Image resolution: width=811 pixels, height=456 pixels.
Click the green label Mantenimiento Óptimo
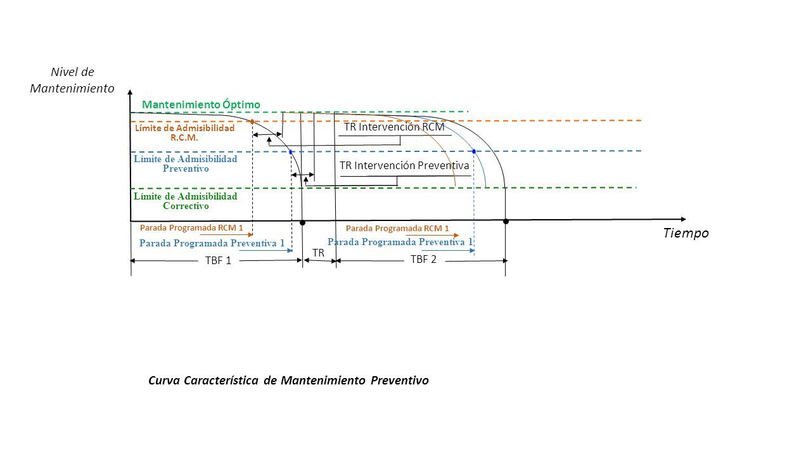point(201,104)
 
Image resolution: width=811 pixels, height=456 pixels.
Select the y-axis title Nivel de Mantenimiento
point(72,80)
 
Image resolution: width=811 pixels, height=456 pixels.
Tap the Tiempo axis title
point(686,232)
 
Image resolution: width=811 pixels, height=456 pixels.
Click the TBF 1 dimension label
point(218,260)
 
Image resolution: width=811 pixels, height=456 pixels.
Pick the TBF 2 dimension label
point(423,260)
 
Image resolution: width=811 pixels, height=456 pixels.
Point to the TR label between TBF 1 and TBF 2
point(318,253)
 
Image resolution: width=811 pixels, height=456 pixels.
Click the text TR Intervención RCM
point(394,127)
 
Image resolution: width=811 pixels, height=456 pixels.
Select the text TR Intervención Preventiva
point(404,165)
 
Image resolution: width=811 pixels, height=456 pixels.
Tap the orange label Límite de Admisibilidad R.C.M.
point(184,133)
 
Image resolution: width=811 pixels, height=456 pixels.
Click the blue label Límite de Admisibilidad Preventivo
point(186,163)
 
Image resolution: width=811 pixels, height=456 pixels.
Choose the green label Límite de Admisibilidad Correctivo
point(186,201)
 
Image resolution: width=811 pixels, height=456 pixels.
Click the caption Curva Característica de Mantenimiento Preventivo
point(288,381)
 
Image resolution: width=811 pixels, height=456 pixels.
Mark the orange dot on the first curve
point(252,122)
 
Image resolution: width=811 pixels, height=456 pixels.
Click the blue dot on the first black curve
point(291,153)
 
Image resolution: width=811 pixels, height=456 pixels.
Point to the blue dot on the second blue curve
point(474,151)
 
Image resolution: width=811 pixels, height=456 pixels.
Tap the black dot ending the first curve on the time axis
point(303,223)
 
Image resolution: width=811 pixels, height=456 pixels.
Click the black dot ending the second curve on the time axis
point(506,222)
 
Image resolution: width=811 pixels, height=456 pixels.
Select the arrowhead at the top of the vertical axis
point(130,92)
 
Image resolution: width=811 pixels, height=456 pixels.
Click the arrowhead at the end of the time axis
point(683,219)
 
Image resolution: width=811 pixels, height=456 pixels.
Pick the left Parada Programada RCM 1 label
point(191,227)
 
